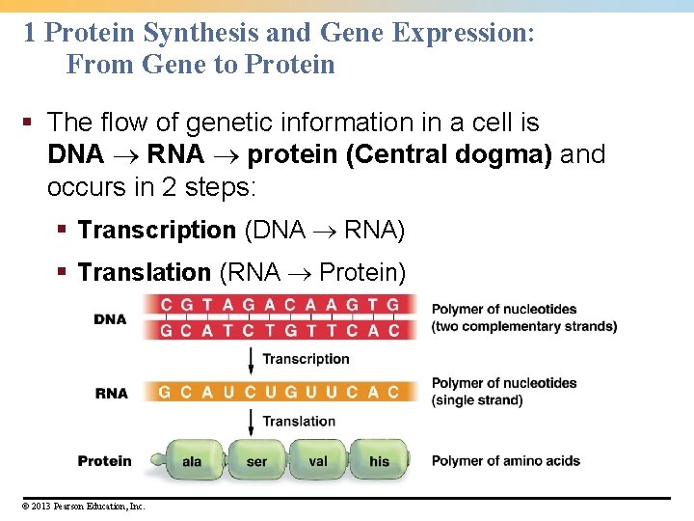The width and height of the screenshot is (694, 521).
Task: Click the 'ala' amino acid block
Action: [193, 461]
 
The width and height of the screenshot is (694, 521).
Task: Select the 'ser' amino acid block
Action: [256, 461]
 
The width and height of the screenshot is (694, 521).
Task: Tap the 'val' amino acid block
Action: [318, 461]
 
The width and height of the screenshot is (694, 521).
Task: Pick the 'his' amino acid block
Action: [380, 461]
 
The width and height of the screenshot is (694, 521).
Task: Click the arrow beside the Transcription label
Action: [252, 361]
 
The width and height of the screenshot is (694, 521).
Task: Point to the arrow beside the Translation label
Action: [252, 422]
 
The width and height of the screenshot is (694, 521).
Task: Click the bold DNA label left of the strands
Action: [111, 319]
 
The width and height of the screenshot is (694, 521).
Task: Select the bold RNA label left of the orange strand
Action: [111, 393]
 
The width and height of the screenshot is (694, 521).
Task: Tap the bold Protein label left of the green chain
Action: [104, 461]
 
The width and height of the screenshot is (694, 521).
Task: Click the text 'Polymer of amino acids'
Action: [505, 461]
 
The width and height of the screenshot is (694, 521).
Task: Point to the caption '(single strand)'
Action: [477, 400]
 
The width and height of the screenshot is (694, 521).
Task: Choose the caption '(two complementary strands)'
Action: [524, 326]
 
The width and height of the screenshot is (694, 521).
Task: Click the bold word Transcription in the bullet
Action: [156, 231]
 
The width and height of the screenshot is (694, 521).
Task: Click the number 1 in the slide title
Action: [29, 33]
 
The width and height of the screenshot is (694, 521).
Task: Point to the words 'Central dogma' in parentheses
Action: [453, 154]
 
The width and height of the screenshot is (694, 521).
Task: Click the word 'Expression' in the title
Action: [464, 33]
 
